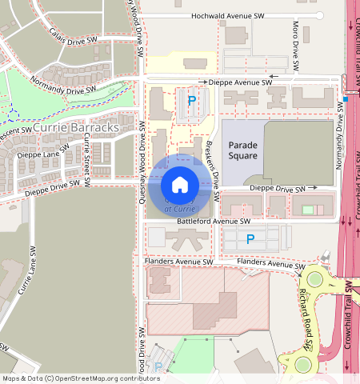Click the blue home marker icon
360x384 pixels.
(x=180, y=185)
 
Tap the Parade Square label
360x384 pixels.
(x=243, y=150)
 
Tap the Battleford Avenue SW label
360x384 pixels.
(x=208, y=221)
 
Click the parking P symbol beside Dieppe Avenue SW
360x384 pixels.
(x=191, y=101)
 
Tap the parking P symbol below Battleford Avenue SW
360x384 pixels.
(x=250, y=238)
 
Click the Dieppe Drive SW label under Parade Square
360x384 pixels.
(x=278, y=189)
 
